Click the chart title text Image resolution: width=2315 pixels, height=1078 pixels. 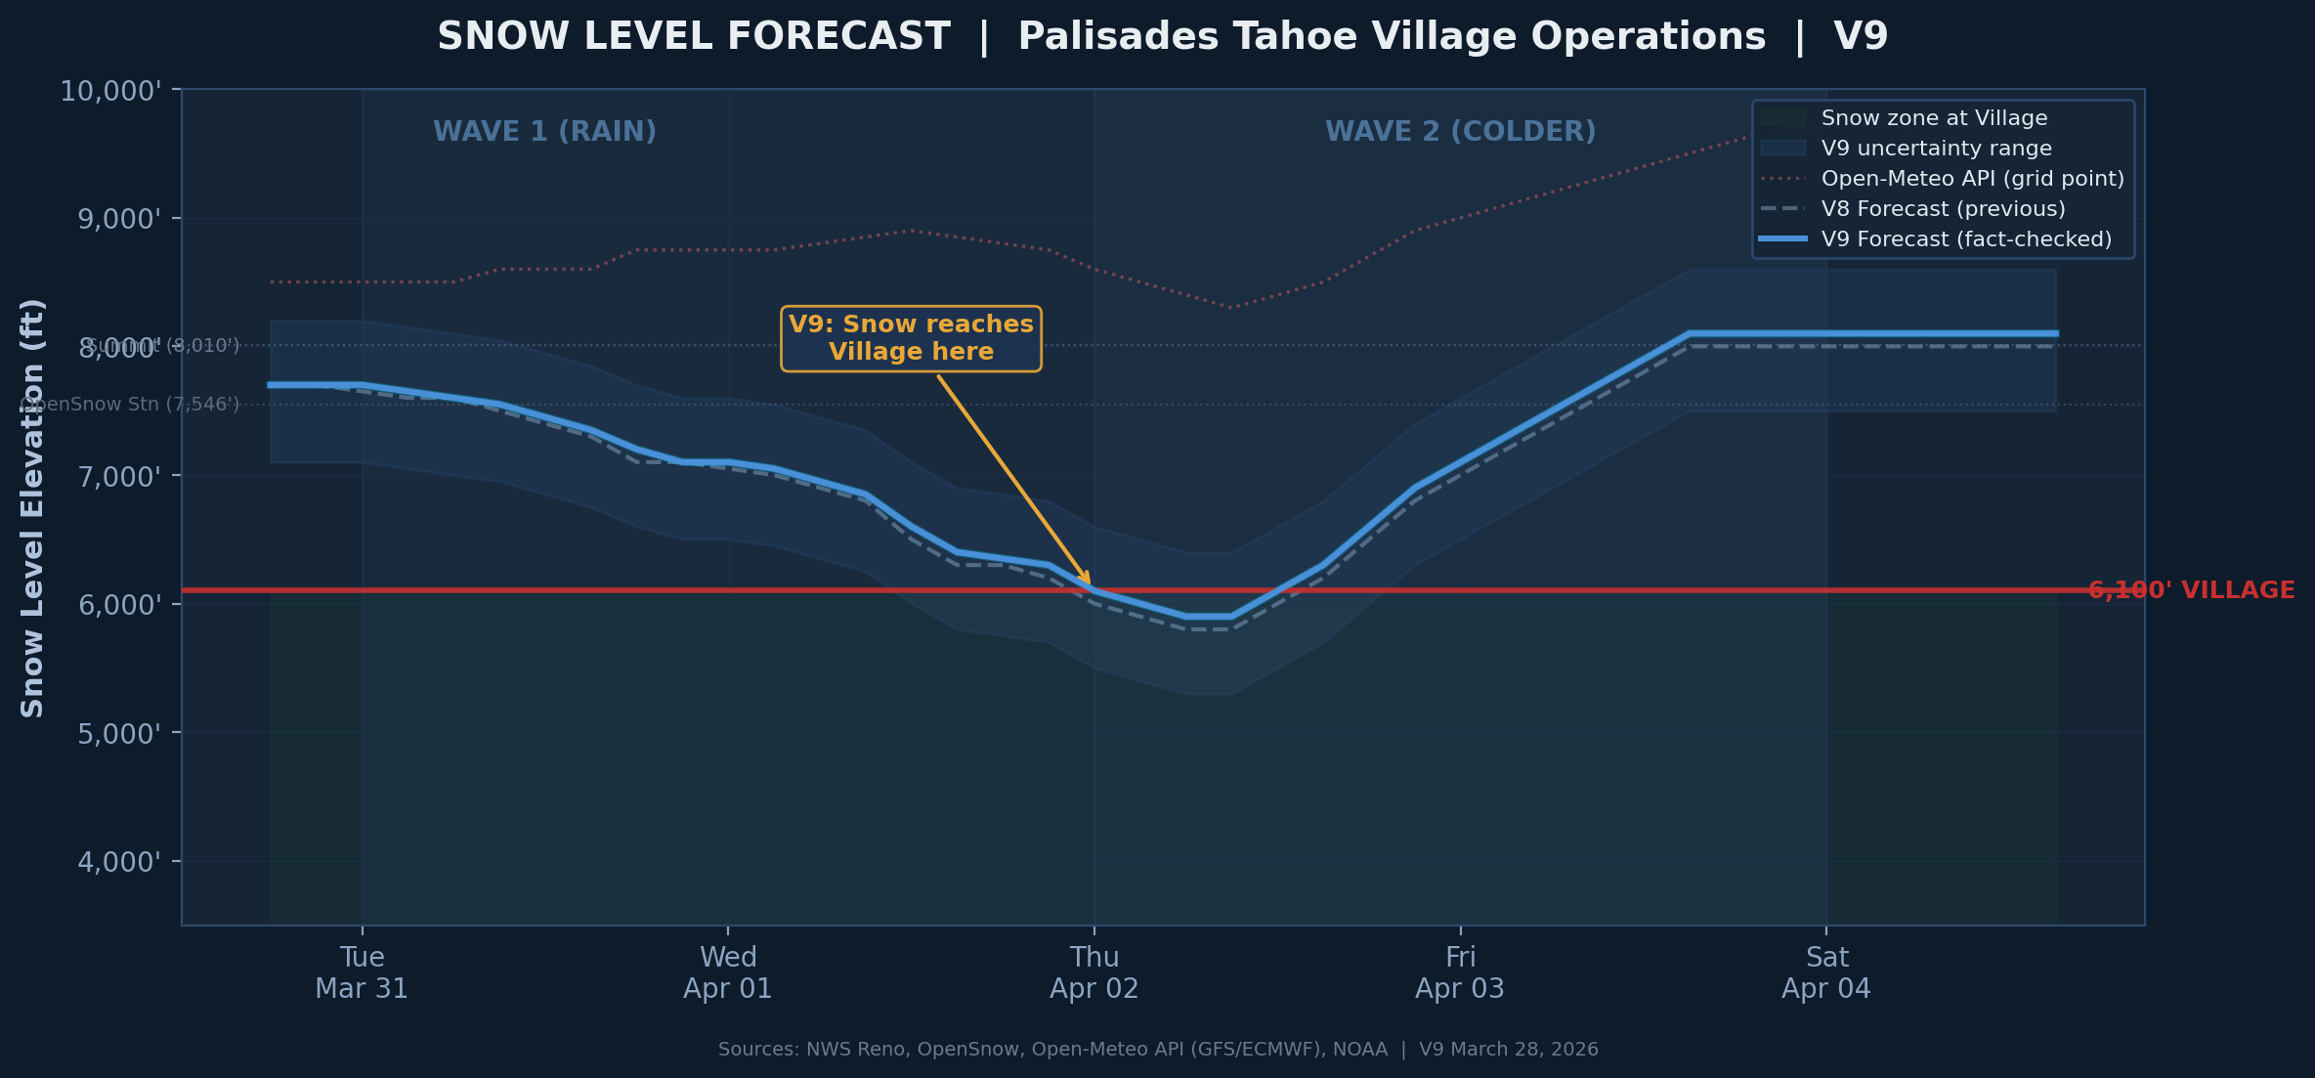tap(1162, 37)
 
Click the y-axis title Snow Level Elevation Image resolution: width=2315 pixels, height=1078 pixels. tap(33, 508)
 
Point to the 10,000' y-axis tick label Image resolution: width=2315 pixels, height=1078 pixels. tap(110, 92)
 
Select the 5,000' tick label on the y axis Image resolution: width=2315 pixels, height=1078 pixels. tap(119, 734)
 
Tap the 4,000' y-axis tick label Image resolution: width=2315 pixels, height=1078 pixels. tap(119, 863)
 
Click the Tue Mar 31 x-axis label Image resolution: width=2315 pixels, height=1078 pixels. tap(362, 972)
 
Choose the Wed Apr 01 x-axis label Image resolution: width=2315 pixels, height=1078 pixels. tap(728, 972)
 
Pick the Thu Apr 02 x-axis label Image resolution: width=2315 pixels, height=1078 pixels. tap(1094, 972)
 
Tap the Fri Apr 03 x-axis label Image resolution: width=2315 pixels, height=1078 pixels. tap(1460, 972)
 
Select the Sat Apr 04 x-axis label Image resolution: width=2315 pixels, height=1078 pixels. tap(1826, 972)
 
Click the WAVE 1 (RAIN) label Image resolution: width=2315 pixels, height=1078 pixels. tap(544, 132)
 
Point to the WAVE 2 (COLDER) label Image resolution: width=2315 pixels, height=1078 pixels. tap(1460, 132)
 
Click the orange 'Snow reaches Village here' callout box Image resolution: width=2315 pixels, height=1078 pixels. tap(911, 338)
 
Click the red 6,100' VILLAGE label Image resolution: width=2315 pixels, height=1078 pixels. tap(2192, 590)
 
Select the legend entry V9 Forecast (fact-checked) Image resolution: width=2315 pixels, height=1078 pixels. tap(1966, 239)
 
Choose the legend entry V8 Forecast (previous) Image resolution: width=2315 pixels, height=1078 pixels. tap(1943, 209)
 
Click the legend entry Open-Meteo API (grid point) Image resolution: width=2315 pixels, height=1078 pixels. tap(1972, 179)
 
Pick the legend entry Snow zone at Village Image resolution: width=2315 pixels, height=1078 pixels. tap(1934, 118)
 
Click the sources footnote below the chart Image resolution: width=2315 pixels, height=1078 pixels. tap(1158, 1050)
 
